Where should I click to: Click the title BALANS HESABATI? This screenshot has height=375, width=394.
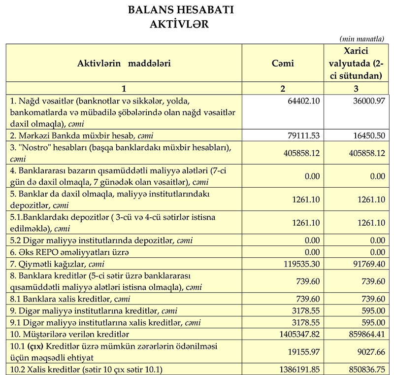[180, 10]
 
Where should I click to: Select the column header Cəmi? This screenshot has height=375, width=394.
[282, 63]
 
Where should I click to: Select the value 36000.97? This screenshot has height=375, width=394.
[364, 101]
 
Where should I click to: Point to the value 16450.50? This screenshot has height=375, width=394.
[364, 135]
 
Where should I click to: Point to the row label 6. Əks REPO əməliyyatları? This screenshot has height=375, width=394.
[69, 252]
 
